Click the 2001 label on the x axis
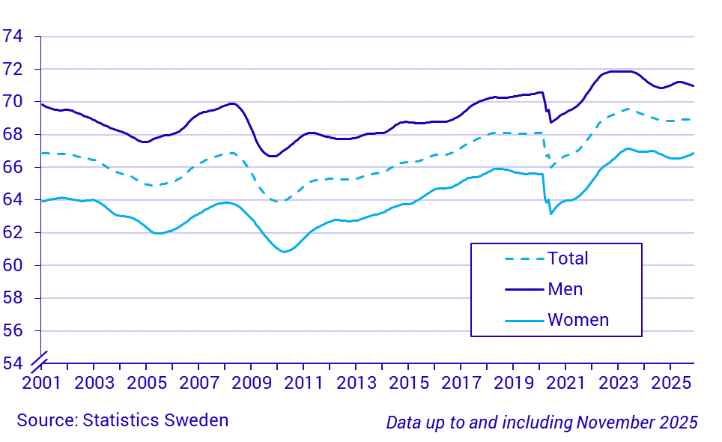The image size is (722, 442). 40,382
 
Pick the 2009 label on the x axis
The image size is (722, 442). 251,382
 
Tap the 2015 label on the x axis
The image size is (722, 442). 408,382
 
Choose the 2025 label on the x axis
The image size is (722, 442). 670,382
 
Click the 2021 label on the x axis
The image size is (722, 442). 565,382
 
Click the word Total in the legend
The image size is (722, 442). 568,258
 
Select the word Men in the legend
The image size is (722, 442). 565,289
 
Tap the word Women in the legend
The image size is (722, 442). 578,321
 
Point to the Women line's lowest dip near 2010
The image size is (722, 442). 284,252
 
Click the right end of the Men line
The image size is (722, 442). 694,86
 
